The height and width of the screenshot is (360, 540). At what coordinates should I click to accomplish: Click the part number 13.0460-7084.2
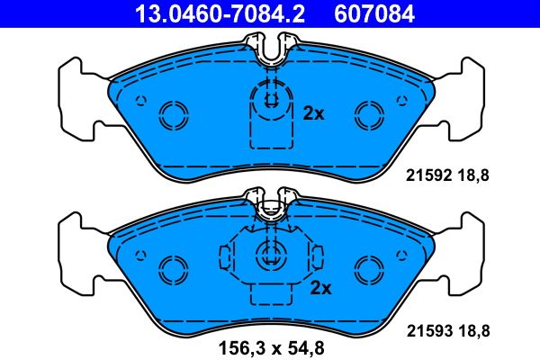pyautogui.click(x=195, y=13)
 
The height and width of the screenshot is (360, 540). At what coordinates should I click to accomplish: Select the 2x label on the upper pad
pyautogui.click(x=313, y=113)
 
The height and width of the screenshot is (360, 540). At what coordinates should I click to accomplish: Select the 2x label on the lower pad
pyautogui.click(x=321, y=288)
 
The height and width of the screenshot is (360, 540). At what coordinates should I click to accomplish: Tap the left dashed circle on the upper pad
pyautogui.click(x=170, y=113)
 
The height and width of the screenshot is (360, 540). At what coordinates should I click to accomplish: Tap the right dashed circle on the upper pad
pyautogui.click(x=367, y=113)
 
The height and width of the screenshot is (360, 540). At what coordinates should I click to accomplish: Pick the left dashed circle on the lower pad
pyautogui.click(x=170, y=269)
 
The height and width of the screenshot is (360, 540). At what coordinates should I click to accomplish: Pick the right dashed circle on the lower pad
pyautogui.click(x=367, y=269)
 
